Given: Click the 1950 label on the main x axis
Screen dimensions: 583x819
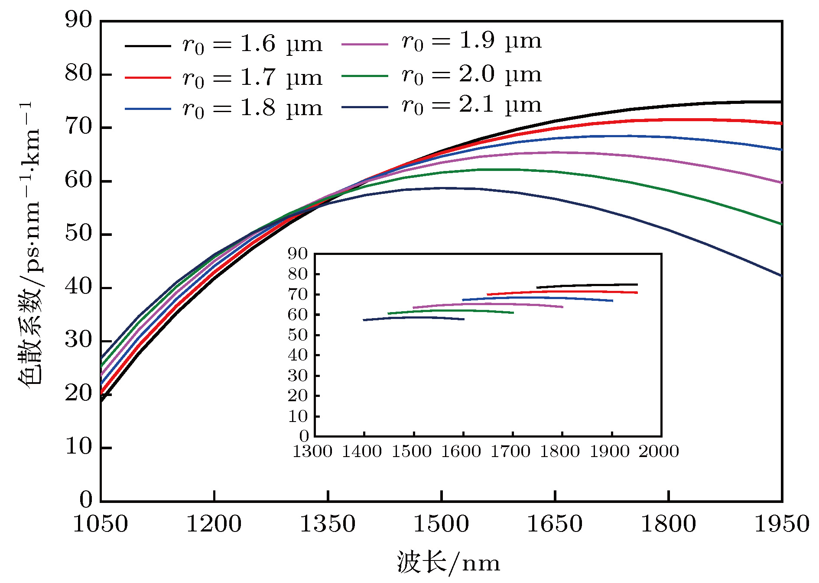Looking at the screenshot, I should [x=782, y=524].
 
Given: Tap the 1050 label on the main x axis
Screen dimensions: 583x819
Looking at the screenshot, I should [x=101, y=524].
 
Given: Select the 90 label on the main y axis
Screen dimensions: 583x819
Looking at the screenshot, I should [x=78, y=20].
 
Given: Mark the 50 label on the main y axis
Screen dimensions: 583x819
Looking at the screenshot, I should [x=78, y=234].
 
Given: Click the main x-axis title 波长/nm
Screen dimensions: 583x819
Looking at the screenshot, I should [x=448, y=563].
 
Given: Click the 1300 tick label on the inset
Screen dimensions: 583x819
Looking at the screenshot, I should [x=312, y=451].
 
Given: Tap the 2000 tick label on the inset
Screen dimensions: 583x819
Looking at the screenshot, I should [x=659, y=451].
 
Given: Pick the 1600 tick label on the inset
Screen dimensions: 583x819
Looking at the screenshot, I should [x=461, y=451].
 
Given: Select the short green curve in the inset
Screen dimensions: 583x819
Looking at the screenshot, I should [x=451, y=311].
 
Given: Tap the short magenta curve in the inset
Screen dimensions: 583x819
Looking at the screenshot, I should [x=490, y=304].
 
